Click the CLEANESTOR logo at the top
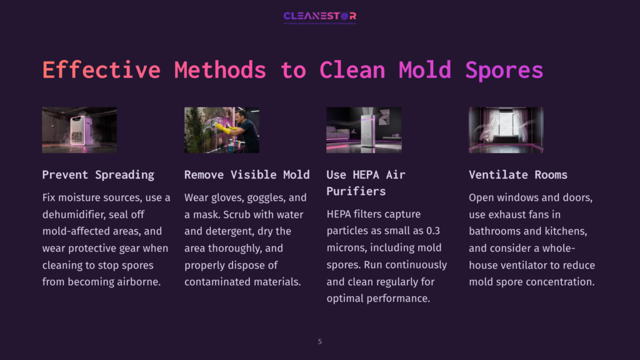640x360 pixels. point(319,16)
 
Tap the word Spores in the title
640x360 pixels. point(504,69)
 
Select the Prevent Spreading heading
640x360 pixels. point(98,174)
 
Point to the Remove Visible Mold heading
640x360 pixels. point(247,174)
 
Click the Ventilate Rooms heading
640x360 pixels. point(518,174)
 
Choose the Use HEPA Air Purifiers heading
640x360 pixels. point(366,182)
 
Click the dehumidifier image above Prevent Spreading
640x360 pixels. point(79,130)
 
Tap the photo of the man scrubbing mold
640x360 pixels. point(222,130)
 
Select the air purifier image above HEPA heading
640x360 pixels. point(364,130)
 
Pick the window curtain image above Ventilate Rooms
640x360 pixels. point(506,130)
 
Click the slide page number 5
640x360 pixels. point(320,341)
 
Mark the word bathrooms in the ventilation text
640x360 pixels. point(497,231)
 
